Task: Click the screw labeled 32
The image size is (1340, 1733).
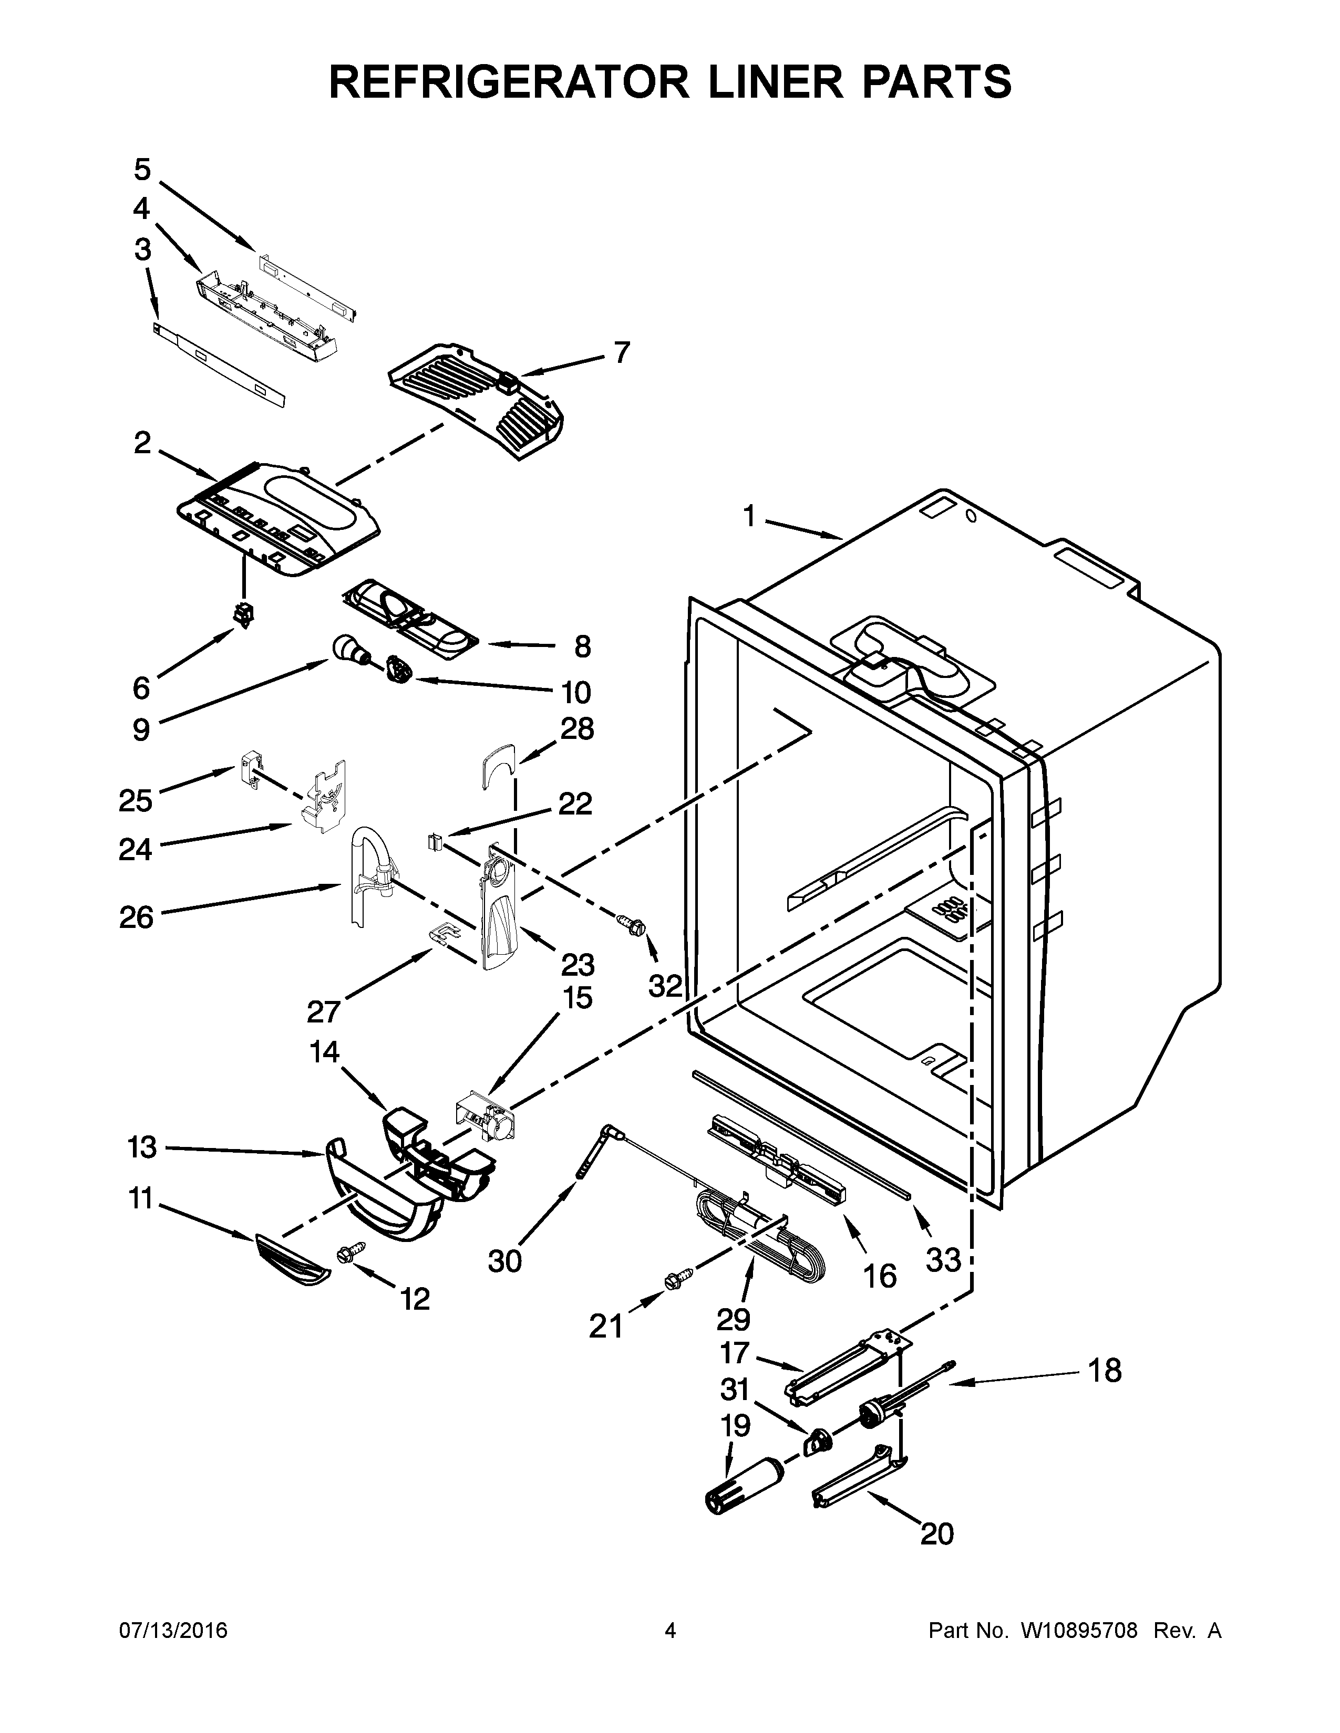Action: click(x=632, y=922)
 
